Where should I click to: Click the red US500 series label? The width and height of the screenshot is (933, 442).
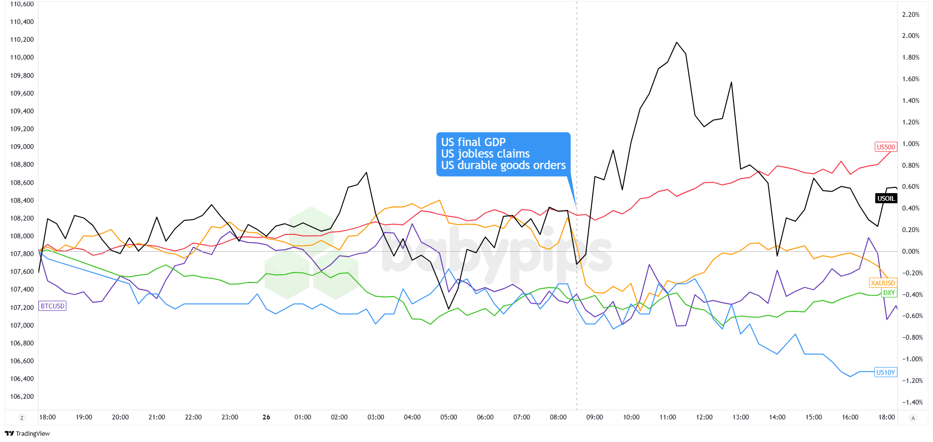click(885, 147)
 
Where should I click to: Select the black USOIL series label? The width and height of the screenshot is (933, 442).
click(886, 198)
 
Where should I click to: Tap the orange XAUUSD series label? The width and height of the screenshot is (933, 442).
click(883, 283)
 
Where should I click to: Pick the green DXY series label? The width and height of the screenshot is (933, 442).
click(889, 293)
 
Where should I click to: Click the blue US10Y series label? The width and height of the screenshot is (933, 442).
click(885, 372)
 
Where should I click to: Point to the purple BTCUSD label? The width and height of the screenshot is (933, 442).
click(52, 306)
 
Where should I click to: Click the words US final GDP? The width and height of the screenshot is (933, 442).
click(473, 142)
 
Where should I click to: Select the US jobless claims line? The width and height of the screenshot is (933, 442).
click(485, 154)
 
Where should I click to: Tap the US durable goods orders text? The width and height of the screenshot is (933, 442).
click(503, 165)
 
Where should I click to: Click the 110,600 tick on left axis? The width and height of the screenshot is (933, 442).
click(22, 4)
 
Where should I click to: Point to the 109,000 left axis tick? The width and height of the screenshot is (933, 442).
click(22, 147)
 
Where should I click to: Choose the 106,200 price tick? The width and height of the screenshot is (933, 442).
click(22, 396)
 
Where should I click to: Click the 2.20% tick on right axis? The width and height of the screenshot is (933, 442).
click(910, 14)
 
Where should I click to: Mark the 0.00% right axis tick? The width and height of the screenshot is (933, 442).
click(910, 251)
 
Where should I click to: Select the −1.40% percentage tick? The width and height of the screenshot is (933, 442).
click(910, 402)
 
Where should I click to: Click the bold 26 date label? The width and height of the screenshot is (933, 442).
click(266, 417)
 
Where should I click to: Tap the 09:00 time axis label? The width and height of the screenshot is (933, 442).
click(594, 417)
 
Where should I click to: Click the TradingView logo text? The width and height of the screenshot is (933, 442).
click(32, 433)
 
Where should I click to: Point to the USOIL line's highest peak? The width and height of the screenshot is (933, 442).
click(677, 42)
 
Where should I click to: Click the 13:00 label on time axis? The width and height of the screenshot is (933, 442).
click(741, 417)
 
